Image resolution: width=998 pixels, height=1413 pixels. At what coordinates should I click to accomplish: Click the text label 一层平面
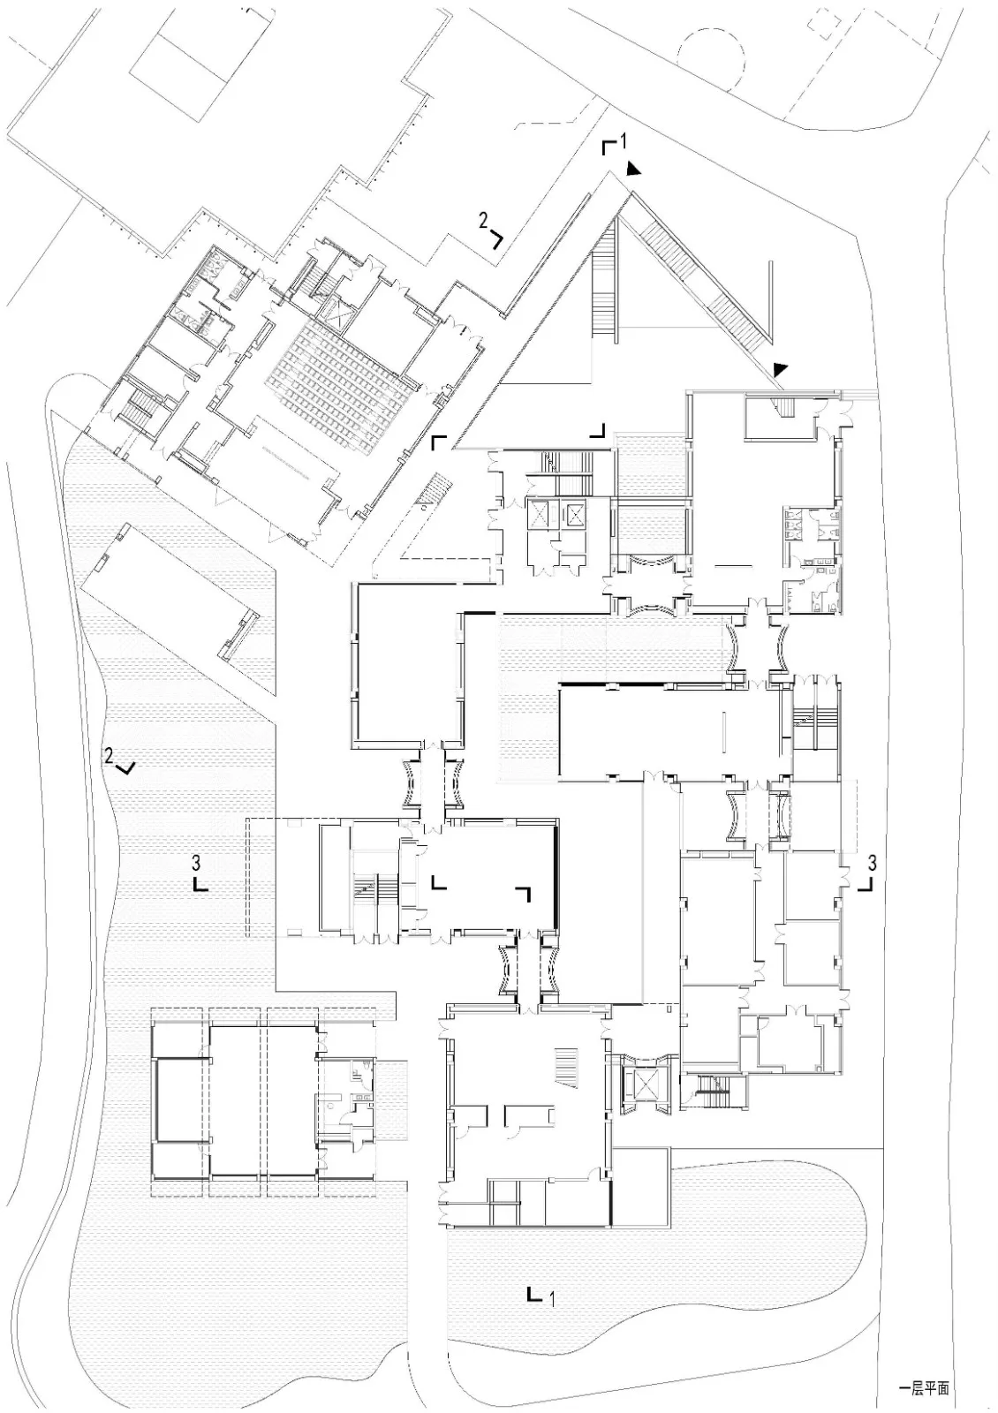tap(924, 1387)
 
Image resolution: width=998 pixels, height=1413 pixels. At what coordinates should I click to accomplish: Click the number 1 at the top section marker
tap(622, 141)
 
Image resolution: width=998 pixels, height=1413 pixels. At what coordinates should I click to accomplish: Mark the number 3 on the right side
tap(872, 861)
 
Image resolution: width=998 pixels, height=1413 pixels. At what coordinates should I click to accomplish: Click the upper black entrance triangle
tap(634, 169)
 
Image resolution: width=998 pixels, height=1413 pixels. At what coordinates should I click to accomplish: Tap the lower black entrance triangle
tap(781, 367)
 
